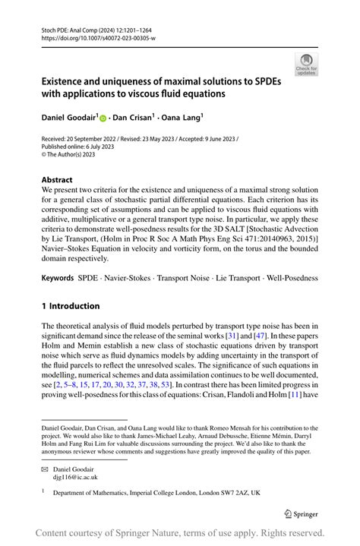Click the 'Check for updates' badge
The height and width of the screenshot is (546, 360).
pyautogui.click(x=306, y=65)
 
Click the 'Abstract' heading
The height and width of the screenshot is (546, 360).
pyautogui.click(x=57, y=180)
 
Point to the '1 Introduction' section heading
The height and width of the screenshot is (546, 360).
pyautogui.click(x=70, y=306)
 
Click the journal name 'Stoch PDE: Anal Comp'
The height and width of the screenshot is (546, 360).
pyautogui.click(x=68, y=28)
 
